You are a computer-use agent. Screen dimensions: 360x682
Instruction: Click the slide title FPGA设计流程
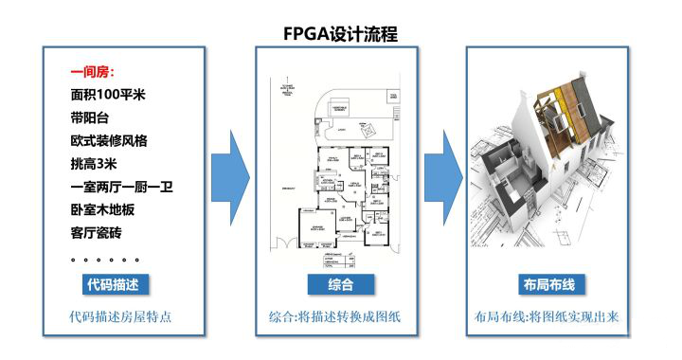[340, 33]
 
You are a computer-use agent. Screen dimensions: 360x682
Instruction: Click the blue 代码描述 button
[114, 284]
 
